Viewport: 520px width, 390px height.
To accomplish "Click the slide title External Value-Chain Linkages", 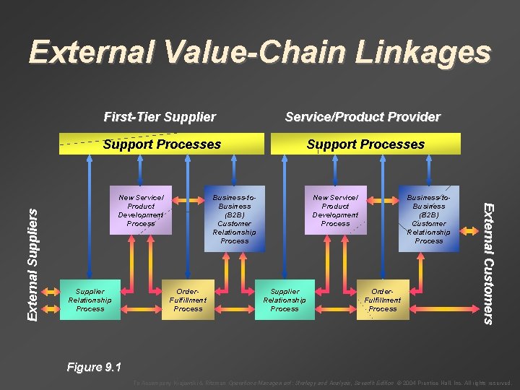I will point(260,53).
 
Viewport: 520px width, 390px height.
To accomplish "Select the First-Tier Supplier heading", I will point(160,117).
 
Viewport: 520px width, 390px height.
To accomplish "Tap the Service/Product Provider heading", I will point(363,117).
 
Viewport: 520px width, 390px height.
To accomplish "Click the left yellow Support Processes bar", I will point(162,144).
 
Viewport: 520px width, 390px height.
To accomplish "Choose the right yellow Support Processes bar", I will point(365,144).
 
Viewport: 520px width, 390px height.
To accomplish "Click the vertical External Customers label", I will point(489,264).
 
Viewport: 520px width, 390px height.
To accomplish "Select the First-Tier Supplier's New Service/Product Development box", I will point(141,210).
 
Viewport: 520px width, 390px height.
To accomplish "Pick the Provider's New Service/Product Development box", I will point(335,210).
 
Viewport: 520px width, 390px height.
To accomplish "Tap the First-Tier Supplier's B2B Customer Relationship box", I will point(234,219).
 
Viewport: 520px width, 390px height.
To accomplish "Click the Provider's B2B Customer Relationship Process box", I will point(428,219).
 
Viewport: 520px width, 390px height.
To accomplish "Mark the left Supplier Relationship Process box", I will point(90,300).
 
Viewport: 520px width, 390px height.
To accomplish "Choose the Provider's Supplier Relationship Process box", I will point(285,300).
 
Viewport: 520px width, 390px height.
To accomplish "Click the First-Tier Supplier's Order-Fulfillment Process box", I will point(188,300).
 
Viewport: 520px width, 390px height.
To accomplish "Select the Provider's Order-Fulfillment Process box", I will point(383,300).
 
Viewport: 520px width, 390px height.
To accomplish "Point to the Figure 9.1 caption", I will point(95,367).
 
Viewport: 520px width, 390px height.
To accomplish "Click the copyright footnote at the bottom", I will point(323,383).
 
